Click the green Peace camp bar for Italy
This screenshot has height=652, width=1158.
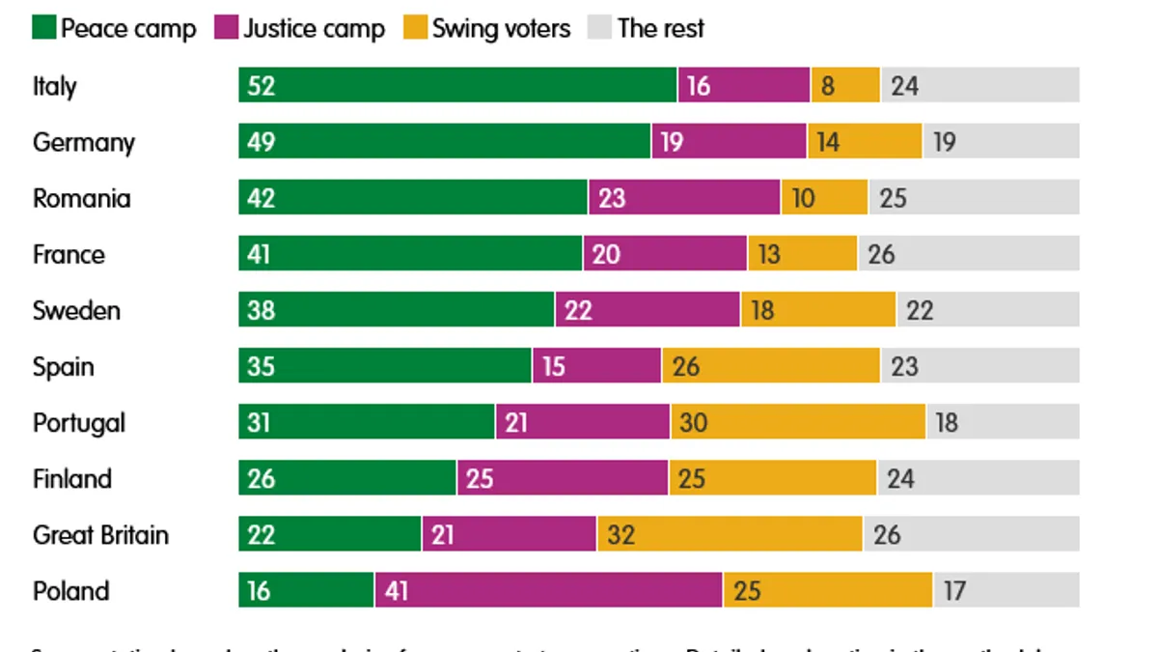pyautogui.click(x=458, y=85)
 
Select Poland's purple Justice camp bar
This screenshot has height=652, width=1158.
pyautogui.click(x=548, y=590)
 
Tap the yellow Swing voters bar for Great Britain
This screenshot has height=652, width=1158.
pyautogui.click(x=730, y=534)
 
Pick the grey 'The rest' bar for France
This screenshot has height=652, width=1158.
pyautogui.click(x=968, y=254)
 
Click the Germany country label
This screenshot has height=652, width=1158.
pyautogui.click(x=84, y=143)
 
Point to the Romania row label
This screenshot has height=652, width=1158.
pyautogui.click(x=81, y=199)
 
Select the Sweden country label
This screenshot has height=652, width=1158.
pyautogui.click(x=76, y=311)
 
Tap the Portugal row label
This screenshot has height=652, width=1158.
pyautogui.click(x=79, y=423)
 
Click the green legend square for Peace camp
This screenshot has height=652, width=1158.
pyautogui.click(x=44, y=28)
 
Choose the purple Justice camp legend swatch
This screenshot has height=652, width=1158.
pyautogui.click(x=226, y=28)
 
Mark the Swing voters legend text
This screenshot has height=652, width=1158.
pyautogui.click(x=501, y=28)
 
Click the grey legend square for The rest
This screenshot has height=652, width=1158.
pyautogui.click(x=599, y=28)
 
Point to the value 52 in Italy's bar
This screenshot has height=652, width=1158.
pyautogui.click(x=262, y=86)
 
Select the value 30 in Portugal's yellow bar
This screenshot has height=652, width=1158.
pyautogui.click(x=692, y=422)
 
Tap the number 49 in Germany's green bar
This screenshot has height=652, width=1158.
pyautogui.click(x=262, y=142)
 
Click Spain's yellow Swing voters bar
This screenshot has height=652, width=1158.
pyautogui.click(x=771, y=366)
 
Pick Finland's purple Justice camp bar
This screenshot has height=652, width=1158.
pyautogui.click(x=563, y=478)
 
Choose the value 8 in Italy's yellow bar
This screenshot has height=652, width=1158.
pyautogui.click(x=828, y=86)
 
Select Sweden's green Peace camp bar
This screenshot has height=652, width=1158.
pyautogui.click(x=397, y=310)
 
